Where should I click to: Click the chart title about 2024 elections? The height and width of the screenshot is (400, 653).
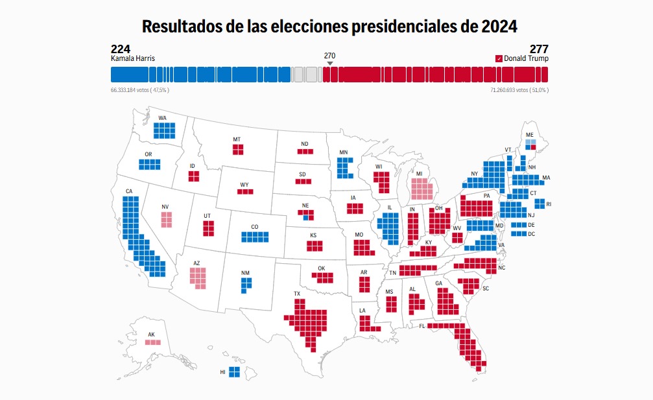pos(329,27)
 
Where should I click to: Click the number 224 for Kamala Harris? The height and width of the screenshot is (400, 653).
pos(121,49)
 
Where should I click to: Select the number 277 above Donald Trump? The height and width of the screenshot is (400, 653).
pos(539,49)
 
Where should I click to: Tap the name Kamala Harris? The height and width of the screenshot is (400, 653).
pos(133,58)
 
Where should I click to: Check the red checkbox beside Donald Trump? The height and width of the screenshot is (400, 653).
pos(499,58)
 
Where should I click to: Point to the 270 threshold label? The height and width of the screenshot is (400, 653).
pos(329,56)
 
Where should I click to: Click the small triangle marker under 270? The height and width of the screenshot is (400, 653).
pos(329,63)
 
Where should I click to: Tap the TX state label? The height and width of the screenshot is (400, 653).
pos(297,294)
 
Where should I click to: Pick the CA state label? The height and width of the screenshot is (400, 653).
pos(129,191)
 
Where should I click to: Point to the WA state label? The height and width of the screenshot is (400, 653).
pos(162,118)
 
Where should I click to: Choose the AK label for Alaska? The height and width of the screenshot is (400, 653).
pos(152,335)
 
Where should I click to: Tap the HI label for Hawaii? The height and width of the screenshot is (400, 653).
pos(222,372)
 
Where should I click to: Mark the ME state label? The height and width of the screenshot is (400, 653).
pos(530,135)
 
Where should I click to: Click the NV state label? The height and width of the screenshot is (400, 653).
pos(165,207)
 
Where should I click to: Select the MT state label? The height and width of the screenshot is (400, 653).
pos(237,139)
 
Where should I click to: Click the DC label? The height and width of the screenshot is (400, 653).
pos(532,233)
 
